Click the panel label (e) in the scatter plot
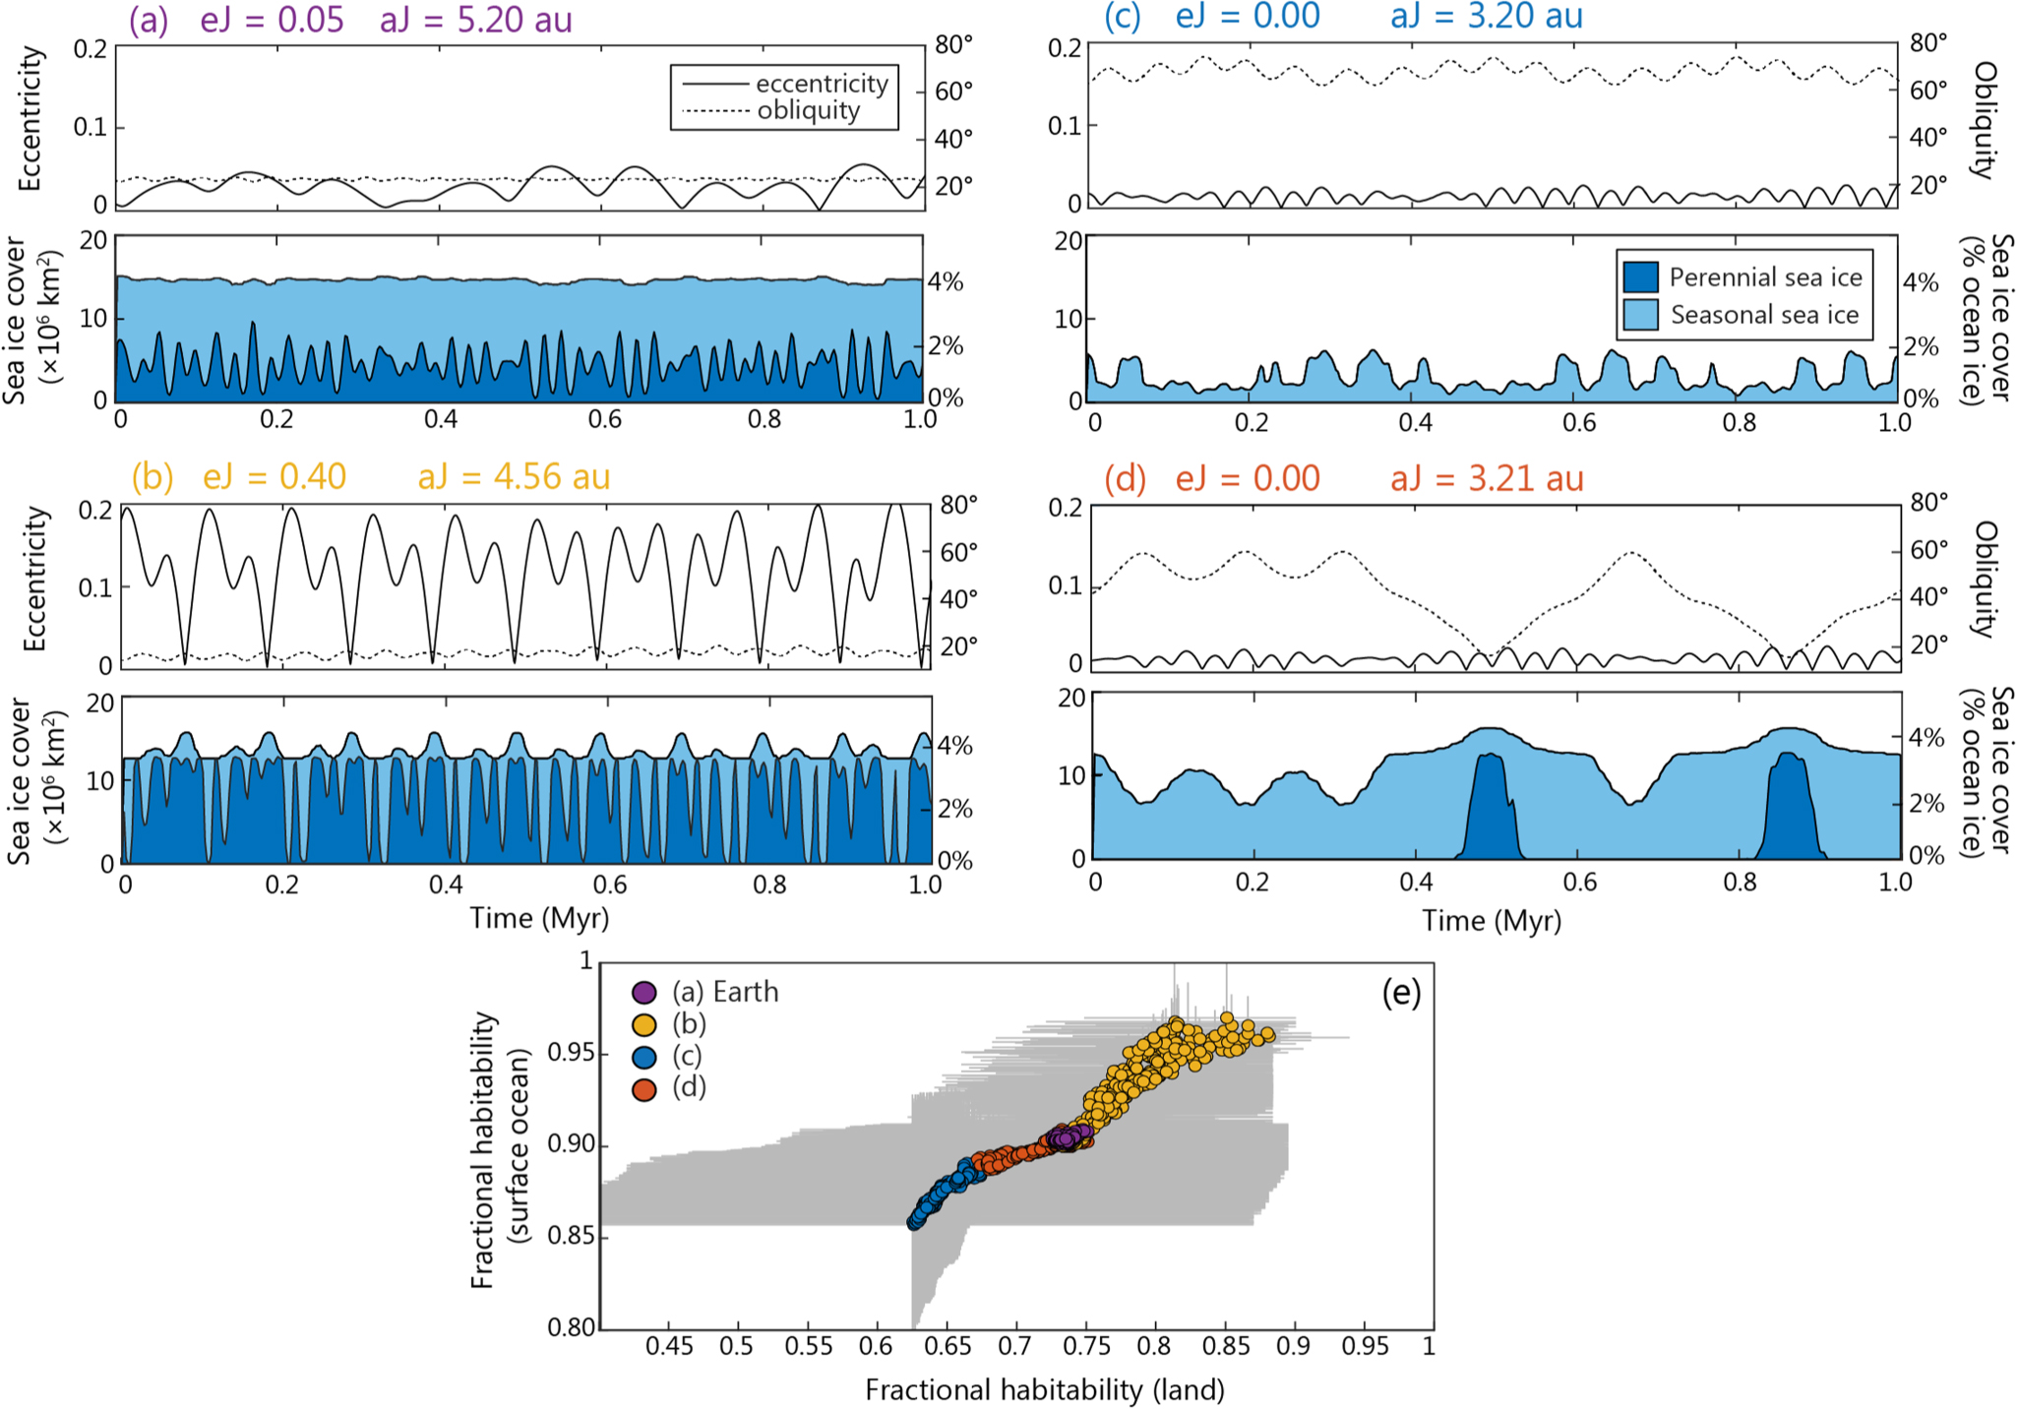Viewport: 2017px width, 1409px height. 1401,993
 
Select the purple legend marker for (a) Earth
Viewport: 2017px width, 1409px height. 644,993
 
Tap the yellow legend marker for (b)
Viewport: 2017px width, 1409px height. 644,1025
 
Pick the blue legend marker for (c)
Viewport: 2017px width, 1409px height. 644,1058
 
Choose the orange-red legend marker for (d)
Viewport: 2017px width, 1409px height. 644,1089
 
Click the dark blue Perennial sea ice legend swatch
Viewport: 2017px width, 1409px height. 1640,277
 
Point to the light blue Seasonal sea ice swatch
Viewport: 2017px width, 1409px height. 1640,315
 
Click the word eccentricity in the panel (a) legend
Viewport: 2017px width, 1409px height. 822,84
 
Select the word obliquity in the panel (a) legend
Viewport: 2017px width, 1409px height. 809,110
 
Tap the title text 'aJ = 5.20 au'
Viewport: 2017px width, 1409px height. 476,20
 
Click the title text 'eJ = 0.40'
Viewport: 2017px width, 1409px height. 275,477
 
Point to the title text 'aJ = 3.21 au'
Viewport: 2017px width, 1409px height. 1487,479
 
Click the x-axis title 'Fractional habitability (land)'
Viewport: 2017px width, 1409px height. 1045,1389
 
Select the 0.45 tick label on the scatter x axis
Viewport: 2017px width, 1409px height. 669,1346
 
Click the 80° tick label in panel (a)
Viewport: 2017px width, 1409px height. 953,44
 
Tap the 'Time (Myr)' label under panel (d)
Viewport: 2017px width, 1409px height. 1491,921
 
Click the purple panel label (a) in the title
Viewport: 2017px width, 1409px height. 149,20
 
